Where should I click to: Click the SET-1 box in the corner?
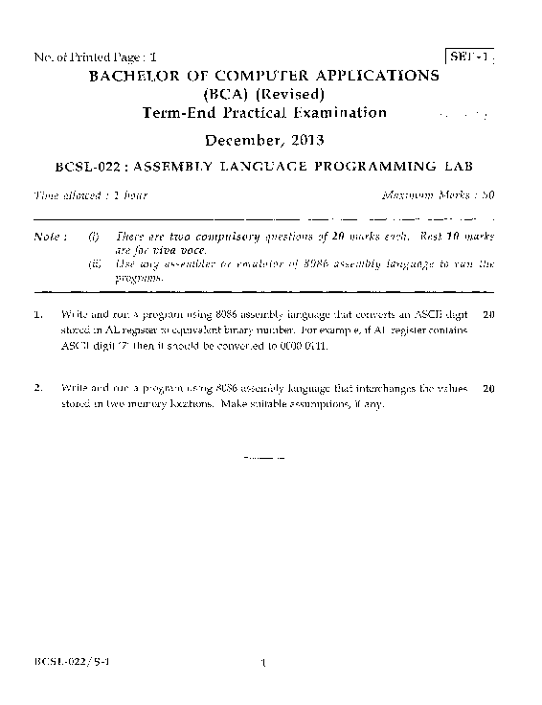point(470,57)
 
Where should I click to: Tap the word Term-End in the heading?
point(174,113)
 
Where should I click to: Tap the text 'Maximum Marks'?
point(419,195)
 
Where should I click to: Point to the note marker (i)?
point(93,236)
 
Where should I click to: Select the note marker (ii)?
point(93,262)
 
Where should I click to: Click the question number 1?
point(37,314)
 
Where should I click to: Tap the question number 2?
point(37,389)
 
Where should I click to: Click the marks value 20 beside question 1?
point(488,314)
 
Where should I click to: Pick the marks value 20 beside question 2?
point(488,389)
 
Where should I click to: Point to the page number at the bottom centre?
point(261,661)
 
